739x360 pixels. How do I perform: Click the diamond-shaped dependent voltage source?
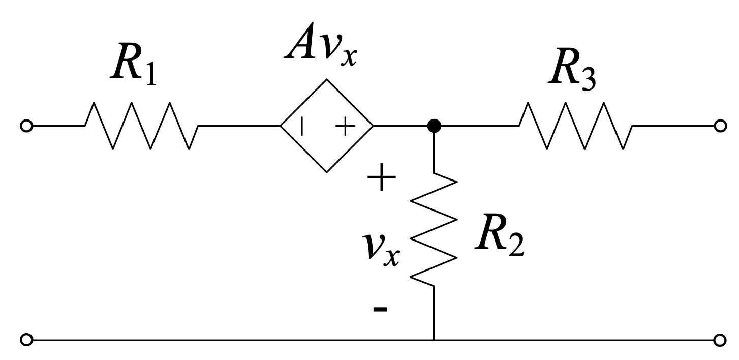pyautogui.click(x=327, y=126)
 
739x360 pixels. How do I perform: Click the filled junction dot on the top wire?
pyautogui.click(x=434, y=126)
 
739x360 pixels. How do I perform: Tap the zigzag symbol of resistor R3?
pyautogui.click(x=575, y=126)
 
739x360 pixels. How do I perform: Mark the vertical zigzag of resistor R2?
pyautogui.click(x=434, y=231)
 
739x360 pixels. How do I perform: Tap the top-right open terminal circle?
pyautogui.click(x=719, y=126)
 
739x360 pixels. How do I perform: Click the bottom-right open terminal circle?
pyautogui.click(x=719, y=339)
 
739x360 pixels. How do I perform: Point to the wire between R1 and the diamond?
pyautogui.click(x=239, y=126)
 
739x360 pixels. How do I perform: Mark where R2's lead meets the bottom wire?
pyautogui.click(x=434, y=339)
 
